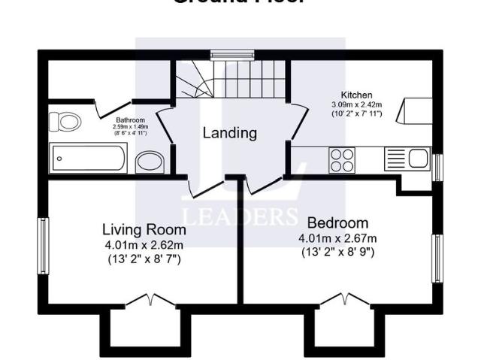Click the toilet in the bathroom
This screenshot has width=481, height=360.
[x=65, y=122]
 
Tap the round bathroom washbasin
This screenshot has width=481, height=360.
[x=148, y=162]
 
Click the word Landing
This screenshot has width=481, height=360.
[x=230, y=133]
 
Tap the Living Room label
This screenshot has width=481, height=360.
[x=143, y=229]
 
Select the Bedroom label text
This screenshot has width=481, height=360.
[x=337, y=223]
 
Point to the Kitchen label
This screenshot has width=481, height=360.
[x=357, y=95]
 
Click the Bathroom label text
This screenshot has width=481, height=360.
[x=130, y=120]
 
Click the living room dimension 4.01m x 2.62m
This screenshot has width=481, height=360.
[x=144, y=245]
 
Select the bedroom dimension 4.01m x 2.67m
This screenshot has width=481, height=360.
[x=337, y=239]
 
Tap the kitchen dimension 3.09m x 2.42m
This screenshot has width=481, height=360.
[x=357, y=104]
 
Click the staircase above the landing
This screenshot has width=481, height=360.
[x=233, y=79]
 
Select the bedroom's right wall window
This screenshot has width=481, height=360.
[x=437, y=258]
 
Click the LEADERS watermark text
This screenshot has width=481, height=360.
[x=240, y=217]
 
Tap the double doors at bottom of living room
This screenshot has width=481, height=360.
[x=150, y=301]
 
